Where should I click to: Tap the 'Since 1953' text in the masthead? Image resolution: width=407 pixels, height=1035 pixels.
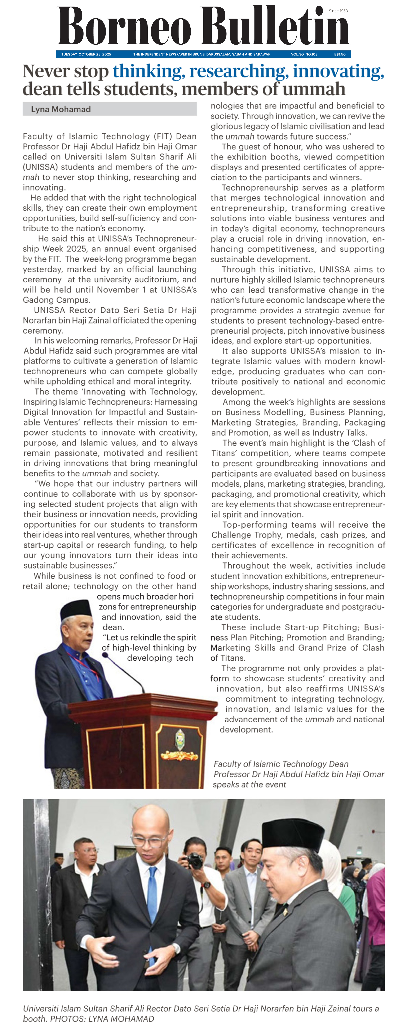338,11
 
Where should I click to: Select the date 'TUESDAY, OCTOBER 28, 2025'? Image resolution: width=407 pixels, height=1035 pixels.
86,54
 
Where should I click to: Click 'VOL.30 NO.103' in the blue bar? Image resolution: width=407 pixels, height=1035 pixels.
304,54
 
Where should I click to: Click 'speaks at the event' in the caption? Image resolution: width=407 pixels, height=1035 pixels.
249,784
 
